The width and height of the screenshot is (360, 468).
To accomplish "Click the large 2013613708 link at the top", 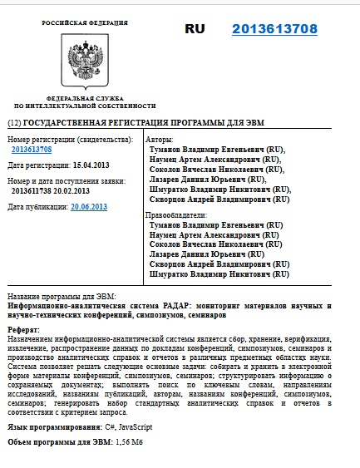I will (x=274, y=29).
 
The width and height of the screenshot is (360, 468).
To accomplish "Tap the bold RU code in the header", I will (x=195, y=29).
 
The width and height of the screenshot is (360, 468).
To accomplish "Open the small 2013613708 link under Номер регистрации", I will (x=32, y=150).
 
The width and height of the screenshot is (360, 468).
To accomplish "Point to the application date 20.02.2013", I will (x=72, y=190).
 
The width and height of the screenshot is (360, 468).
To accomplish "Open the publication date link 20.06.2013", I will (x=89, y=206).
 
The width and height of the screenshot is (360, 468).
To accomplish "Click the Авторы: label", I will (x=161, y=139).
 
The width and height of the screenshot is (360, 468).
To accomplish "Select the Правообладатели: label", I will (x=176, y=215).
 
